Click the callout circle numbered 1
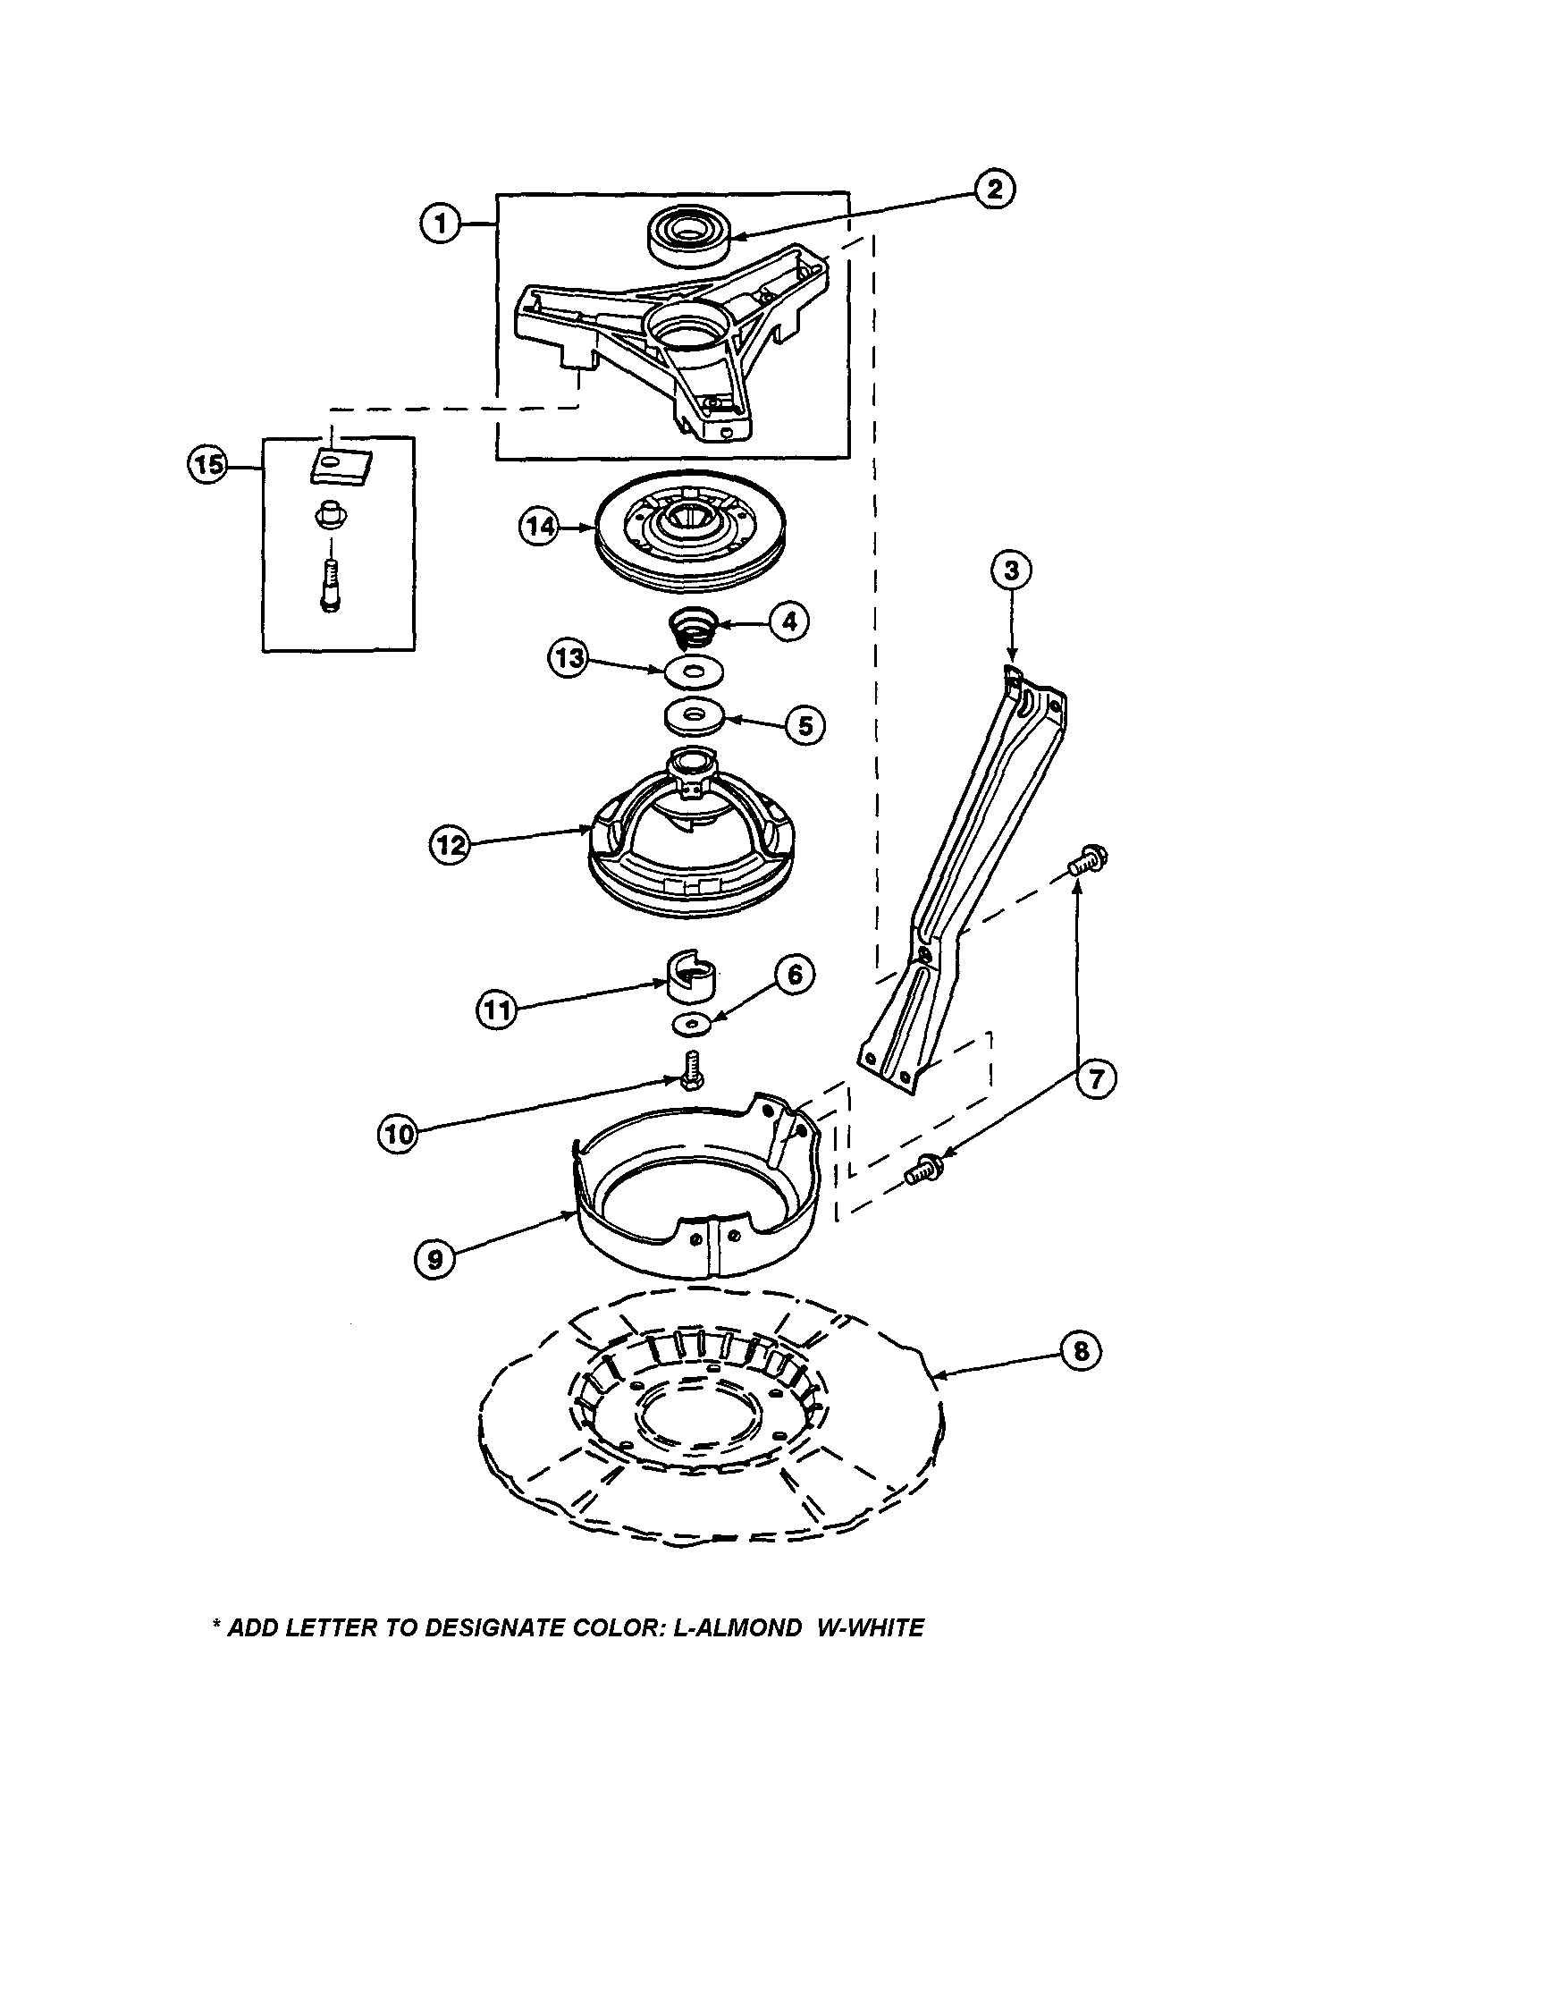(441, 223)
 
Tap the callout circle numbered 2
(994, 189)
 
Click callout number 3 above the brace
(1011, 570)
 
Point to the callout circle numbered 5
(804, 726)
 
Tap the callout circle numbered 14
(542, 527)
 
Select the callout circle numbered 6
(794, 974)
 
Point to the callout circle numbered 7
(1095, 1079)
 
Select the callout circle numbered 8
(1082, 1350)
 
